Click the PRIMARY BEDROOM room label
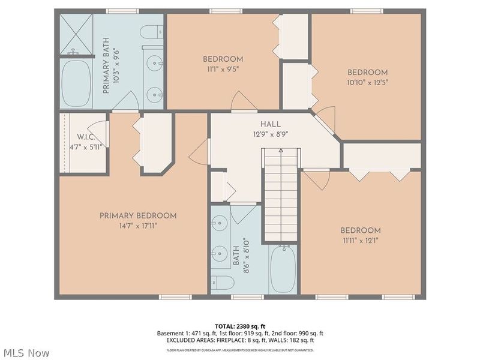pos(138,216)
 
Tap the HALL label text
pos(271,124)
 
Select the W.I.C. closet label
pos(86,137)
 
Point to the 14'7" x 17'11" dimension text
pos(138,226)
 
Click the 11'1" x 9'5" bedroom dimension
pos(223,70)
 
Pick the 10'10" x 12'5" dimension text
pos(367,83)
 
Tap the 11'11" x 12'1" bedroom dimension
pos(361,241)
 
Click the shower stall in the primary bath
pos(76,34)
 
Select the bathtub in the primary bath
pos(76,83)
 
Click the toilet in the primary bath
pos(152,32)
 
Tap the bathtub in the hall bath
pos(283,268)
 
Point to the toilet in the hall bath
pos(223,282)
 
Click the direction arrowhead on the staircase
pos(281,151)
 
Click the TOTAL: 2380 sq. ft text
pos(240,326)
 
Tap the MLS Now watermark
pos(25,353)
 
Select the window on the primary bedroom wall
pos(175,297)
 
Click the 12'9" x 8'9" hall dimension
pos(271,134)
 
